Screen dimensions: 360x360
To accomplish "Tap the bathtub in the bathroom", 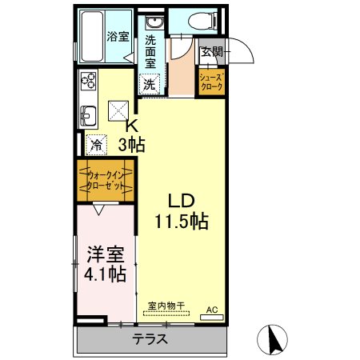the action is pos(92,36).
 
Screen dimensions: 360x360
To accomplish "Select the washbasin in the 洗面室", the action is pos(154,22).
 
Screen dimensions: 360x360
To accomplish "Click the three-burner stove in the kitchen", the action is pos(88,80).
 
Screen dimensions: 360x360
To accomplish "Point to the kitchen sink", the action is pos(88,115).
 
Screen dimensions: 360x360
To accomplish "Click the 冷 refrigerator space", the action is pos(96,145).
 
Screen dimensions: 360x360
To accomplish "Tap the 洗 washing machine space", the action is pos(150,84).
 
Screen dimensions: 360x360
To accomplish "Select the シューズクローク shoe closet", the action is pos(211,82).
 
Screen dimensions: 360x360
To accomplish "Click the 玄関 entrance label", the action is pos(211,52).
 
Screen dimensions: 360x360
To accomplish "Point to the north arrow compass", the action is pos(272,339).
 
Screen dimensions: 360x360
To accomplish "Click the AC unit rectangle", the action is pos(212,318).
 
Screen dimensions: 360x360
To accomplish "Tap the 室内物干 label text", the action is pos(166,306).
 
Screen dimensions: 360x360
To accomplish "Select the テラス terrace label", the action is pos(150,339).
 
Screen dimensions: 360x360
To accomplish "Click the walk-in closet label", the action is pos(106,181).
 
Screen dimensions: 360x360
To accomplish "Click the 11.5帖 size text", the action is pos(182,221).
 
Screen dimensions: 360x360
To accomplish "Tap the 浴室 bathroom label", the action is pos(118,37).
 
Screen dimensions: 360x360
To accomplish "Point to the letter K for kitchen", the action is pos(132,126).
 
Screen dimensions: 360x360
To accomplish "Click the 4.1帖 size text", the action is pos(105,274).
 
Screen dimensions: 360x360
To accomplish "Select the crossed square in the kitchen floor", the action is pos(118,110).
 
